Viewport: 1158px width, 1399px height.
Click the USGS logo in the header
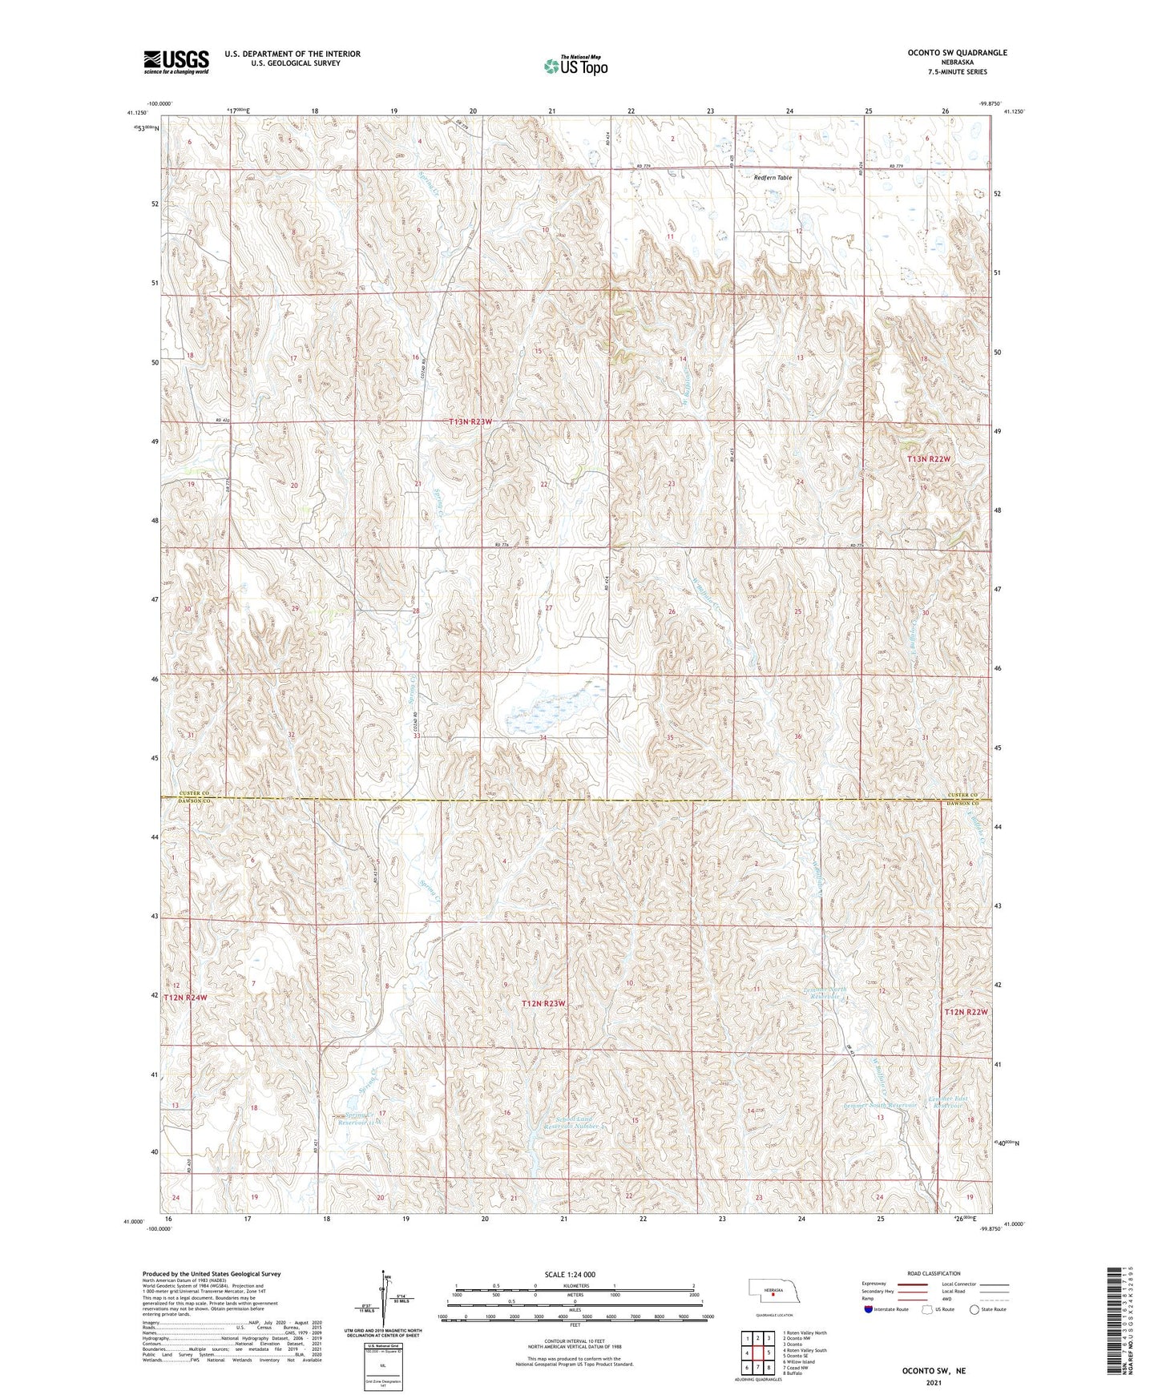[176, 61]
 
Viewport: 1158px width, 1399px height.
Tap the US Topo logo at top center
[575, 66]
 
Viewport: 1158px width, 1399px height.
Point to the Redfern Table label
[773, 177]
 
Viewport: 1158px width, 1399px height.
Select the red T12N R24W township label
[185, 998]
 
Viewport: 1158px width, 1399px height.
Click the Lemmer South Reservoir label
[880, 1105]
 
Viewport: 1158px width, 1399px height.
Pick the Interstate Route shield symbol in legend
[869, 1308]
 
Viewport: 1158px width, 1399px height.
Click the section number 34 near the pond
[543, 737]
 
